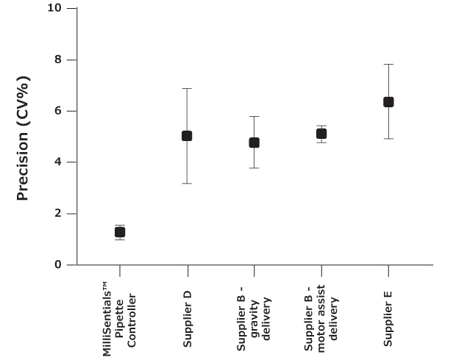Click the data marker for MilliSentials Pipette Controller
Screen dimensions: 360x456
[120, 232]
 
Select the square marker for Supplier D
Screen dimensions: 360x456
[187, 136]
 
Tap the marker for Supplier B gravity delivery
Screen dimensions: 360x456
[254, 143]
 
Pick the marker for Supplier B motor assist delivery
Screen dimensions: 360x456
[321, 134]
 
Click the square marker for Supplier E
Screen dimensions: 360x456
[388, 102]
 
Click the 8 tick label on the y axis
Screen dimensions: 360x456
[57, 60]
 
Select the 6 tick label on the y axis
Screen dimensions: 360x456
[57, 111]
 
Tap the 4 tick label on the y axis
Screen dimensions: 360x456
[57, 162]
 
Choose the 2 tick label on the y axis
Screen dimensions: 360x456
[57, 214]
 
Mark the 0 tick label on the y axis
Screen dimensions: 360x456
[57, 264]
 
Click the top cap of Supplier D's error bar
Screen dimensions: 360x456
[187, 88]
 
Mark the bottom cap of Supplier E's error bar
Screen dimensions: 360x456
[388, 138]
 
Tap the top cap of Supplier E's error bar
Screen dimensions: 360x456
[388, 64]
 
